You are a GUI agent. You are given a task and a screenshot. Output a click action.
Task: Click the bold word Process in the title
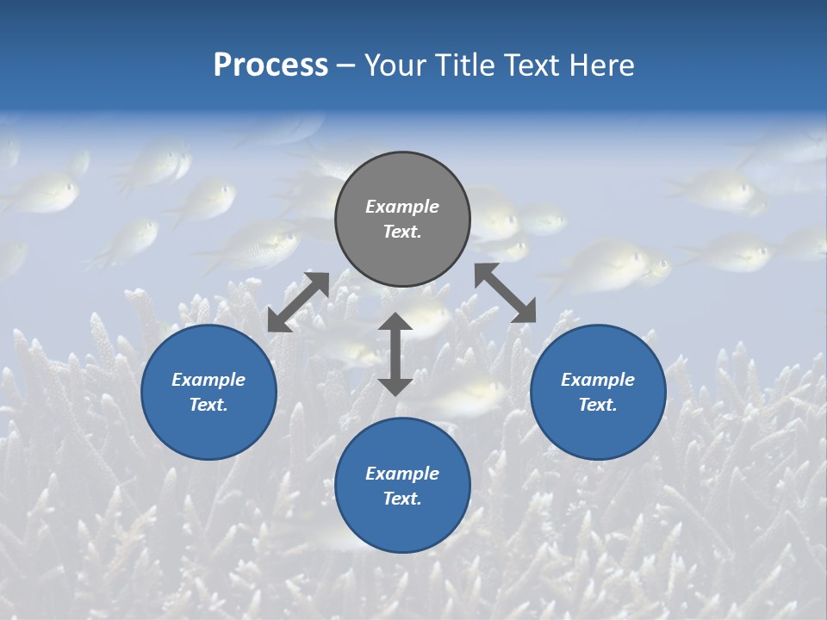(x=270, y=65)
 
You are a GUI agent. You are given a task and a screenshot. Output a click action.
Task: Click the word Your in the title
(x=395, y=65)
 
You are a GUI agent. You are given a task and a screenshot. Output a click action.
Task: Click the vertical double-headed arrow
(x=395, y=354)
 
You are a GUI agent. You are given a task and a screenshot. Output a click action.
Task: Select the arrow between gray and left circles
(x=298, y=302)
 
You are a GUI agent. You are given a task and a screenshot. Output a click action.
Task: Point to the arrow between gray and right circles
(x=506, y=293)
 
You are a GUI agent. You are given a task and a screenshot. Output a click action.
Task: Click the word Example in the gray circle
(x=402, y=207)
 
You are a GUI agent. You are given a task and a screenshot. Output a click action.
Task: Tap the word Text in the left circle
(x=208, y=405)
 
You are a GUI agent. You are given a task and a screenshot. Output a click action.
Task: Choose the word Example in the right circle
(x=598, y=380)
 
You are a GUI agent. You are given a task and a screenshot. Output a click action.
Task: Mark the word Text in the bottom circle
(x=402, y=499)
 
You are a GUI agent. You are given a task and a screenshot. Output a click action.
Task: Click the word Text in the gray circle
(x=402, y=232)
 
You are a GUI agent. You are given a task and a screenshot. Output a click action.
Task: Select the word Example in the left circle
(x=208, y=380)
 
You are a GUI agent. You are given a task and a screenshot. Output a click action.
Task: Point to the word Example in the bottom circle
(x=402, y=474)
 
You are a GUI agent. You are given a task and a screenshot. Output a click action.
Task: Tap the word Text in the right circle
(x=598, y=405)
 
